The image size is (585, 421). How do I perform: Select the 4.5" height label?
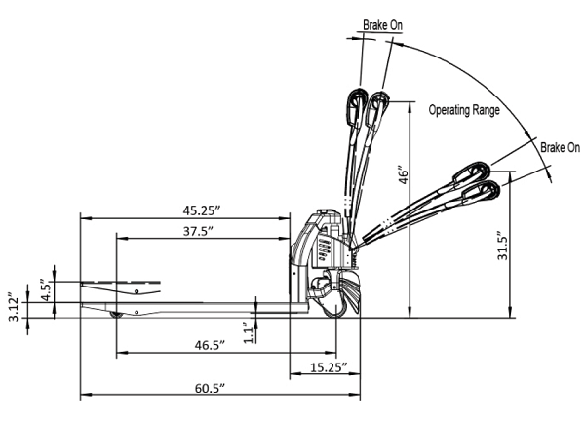[43, 289]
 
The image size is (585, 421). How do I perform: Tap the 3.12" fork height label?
[12, 306]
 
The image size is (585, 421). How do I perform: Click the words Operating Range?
[464, 111]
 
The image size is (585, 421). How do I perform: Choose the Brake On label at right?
[560, 148]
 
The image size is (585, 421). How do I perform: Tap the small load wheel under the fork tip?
[118, 315]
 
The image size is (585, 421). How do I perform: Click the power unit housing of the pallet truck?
[318, 249]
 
